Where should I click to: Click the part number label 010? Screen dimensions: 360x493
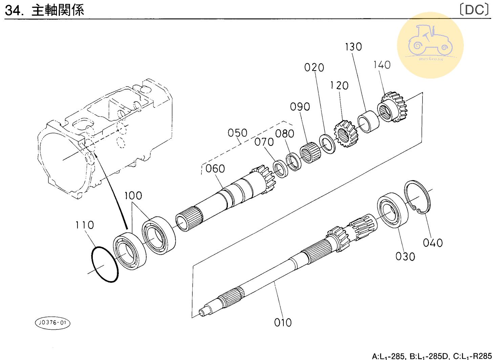[x=283, y=322]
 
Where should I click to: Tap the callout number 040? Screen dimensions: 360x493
[x=433, y=242]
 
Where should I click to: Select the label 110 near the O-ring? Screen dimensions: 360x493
[x=84, y=225]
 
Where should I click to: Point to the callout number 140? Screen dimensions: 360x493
[x=382, y=65]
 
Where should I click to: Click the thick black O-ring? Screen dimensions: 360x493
[x=105, y=264]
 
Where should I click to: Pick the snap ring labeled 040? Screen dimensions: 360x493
[x=418, y=197]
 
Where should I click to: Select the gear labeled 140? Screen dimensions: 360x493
[x=393, y=107]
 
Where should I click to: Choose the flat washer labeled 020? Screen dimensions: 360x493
[x=327, y=143]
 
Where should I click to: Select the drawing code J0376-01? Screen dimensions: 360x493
[x=52, y=323]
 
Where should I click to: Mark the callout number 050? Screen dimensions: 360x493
[x=237, y=133]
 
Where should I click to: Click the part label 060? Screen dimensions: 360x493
[x=215, y=168]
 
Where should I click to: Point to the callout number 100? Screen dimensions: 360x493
[x=133, y=195]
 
